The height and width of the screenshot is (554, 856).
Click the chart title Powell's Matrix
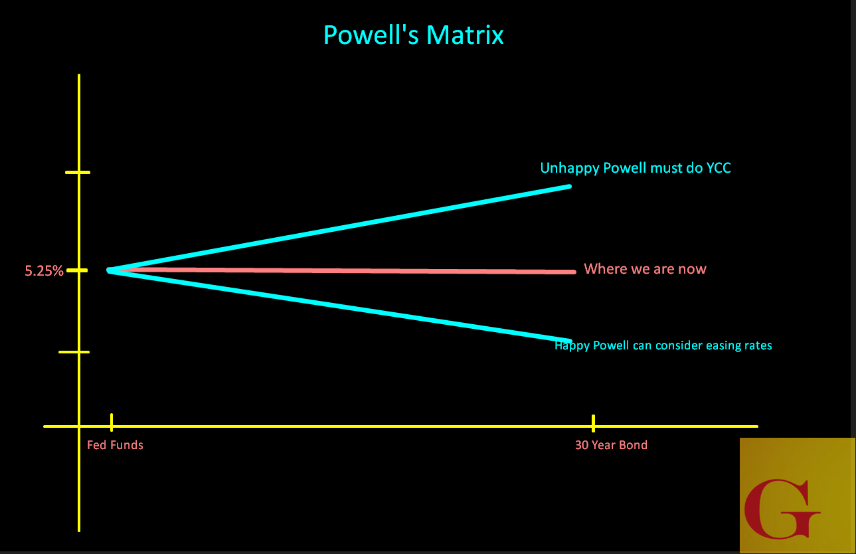pyautogui.click(x=413, y=35)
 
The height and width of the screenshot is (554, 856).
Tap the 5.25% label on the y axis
pyautogui.click(x=44, y=271)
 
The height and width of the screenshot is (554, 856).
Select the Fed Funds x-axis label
pyautogui.click(x=115, y=445)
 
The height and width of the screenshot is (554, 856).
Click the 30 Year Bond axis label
pyautogui.click(x=611, y=445)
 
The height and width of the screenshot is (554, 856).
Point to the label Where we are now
pyautogui.click(x=645, y=269)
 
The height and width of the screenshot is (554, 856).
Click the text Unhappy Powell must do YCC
pyautogui.click(x=636, y=168)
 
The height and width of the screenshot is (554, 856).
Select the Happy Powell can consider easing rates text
pyautogui.click(x=663, y=345)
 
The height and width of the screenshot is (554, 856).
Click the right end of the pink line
pyautogui.click(x=572, y=272)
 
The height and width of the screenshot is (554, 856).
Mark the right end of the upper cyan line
pyautogui.click(x=568, y=187)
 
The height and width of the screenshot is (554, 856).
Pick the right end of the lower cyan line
pyautogui.click(x=569, y=341)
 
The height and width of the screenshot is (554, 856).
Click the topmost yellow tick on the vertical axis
pyautogui.click(x=78, y=173)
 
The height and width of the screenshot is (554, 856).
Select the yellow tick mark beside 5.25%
pyautogui.click(x=78, y=270)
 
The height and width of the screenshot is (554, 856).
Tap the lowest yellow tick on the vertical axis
pyautogui.click(x=74, y=352)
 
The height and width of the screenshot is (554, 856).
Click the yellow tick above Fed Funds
pyautogui.click(x=112, y=422)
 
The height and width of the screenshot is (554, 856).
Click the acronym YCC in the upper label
pyautogui.click(x=718, y=168)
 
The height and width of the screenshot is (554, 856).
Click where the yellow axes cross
pyautogui.click(x=79, y=426)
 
